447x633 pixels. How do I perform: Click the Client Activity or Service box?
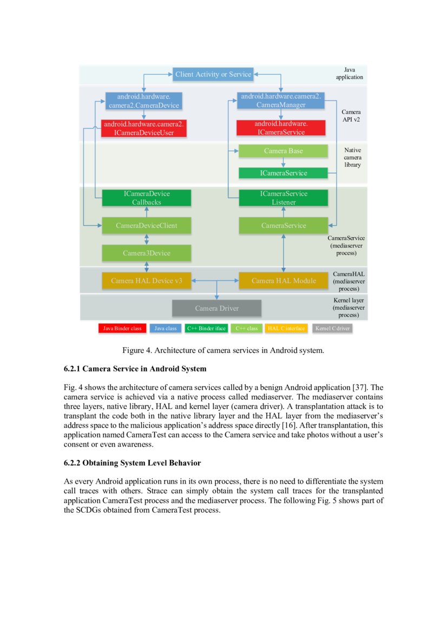(213, 74)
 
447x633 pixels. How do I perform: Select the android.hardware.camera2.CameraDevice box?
(143, 101)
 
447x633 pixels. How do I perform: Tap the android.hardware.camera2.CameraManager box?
(281, 101)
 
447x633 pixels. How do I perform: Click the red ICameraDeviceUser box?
(143, 128)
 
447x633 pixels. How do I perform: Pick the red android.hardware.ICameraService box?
(281, 128)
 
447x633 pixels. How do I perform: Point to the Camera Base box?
(283, 151)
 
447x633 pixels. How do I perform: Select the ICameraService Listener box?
(283, 198)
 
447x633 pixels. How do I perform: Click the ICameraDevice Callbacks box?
(147, 198)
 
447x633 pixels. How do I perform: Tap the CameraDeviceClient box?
(147, 225)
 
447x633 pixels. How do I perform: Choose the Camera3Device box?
(147, 253)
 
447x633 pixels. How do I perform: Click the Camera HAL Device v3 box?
(147, 280)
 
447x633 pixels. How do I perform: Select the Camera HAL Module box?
(283, 280)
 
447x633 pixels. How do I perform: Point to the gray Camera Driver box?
(216, 308)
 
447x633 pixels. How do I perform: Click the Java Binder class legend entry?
(122, 328)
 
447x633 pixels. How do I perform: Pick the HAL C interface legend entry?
(286, 328)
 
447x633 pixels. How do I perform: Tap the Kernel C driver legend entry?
(332, 328)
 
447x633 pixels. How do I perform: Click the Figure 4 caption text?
(223, 350)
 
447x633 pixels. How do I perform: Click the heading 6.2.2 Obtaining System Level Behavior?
(133, 464)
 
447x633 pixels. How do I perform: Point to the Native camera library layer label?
(352, 157)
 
